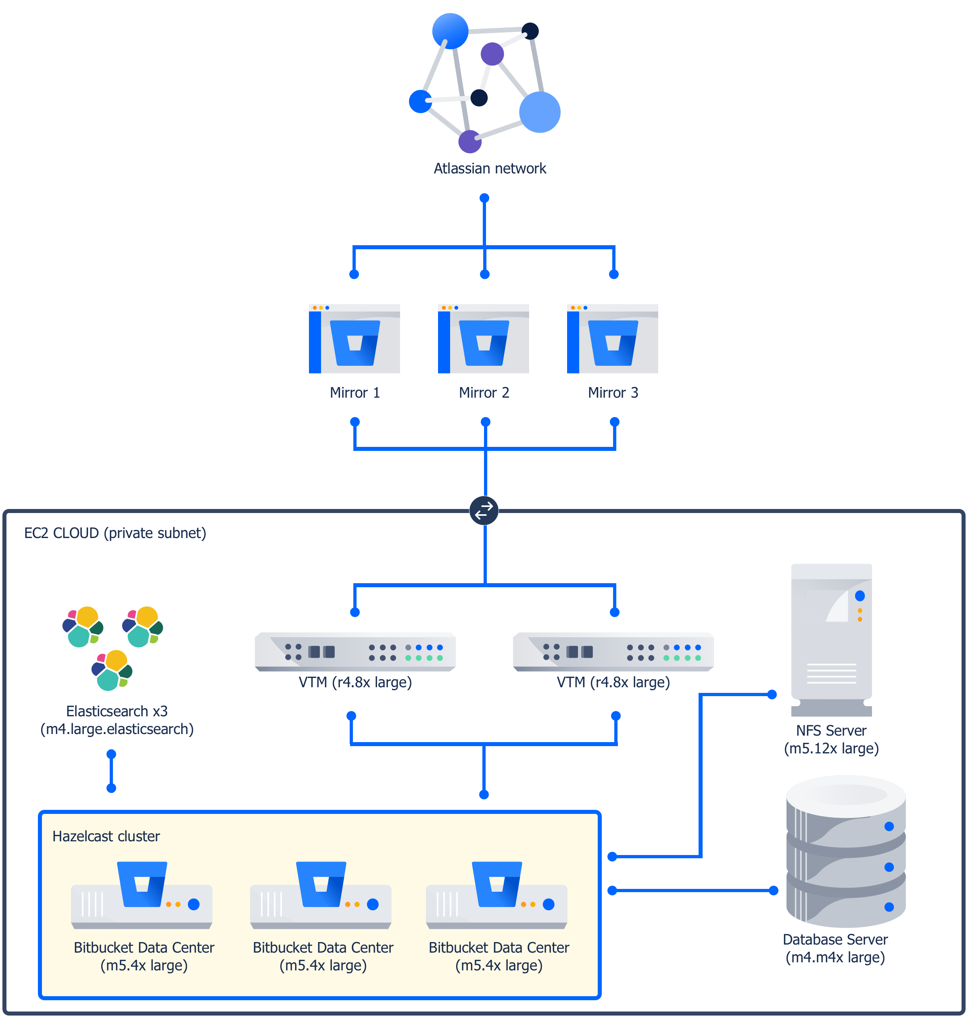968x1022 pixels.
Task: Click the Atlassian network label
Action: (x=490, y=168)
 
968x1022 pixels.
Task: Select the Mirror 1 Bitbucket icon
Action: (x=355, y=338)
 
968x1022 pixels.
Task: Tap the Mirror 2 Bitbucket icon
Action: (x=484, y=338)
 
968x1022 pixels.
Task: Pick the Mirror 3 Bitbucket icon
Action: (x=613, y=338)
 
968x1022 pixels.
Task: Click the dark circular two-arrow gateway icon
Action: (x=484, y=510)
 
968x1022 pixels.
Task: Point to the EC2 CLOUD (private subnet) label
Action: (x=115, y=533)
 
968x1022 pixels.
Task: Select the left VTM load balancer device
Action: (x=355, y=652)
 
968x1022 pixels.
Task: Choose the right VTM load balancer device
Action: (x=613, y=652)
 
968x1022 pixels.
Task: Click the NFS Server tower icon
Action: (x=831, y=640)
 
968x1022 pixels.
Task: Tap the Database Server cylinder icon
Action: (x=846, y=851)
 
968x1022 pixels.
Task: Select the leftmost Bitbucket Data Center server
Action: (x=142, y=895)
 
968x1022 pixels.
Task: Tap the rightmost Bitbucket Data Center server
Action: (x=497, y=895)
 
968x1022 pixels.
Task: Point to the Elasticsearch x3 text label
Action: (x=117, y=711)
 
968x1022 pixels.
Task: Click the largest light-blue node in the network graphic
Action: (x=540, y=112)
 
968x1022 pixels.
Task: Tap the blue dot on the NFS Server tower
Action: (x=860, y=596)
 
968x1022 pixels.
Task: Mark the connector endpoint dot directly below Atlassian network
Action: (x=484, y=198)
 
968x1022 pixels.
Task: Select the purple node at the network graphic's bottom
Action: (x=469, y=141)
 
